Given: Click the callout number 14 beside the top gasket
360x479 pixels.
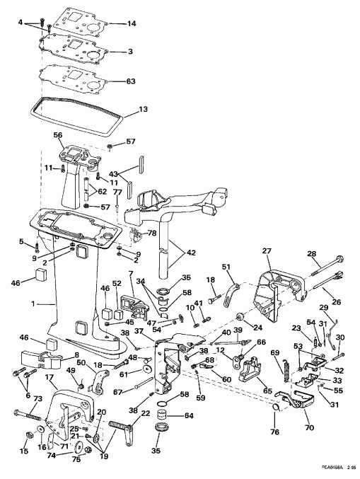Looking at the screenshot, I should (131, 24).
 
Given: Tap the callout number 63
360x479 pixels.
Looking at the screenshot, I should (131, 81).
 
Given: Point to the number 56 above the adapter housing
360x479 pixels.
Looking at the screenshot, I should (58, 134).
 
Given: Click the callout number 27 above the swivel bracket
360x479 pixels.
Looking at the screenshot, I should (266, 250).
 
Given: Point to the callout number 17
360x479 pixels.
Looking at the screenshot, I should (50, 379).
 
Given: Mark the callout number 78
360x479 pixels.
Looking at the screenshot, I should (151, 233).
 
